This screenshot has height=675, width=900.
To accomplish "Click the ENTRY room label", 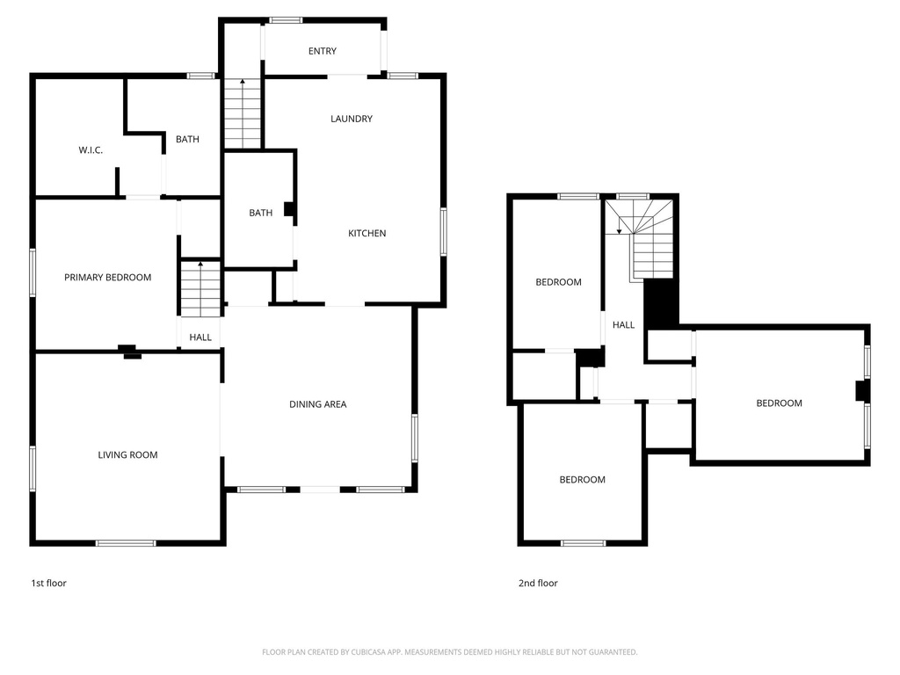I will point(322,51).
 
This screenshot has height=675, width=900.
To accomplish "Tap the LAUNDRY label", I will point(352,119).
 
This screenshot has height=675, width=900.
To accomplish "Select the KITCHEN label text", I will point(367,233).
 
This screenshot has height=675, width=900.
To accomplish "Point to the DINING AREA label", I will point(318,404).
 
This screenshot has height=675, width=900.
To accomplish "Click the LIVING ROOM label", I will point(127,455).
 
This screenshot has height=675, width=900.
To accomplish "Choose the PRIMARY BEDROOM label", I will point(107,278).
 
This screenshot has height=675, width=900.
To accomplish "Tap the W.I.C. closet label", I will point(91,150).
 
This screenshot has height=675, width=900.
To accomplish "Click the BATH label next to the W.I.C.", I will point(187,139).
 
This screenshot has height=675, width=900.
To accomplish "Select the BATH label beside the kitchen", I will point(260,213).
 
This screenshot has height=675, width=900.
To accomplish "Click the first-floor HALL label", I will point(200,337).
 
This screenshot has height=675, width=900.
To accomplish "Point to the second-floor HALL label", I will point(623,325).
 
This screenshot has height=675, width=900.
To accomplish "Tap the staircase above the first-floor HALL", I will point(201,289).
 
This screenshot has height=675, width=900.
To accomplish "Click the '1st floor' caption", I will point(48,583).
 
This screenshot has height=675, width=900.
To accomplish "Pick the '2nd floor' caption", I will point(538,583).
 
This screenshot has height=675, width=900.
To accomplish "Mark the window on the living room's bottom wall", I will point(126,543).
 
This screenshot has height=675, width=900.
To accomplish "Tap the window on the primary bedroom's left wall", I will point(33,272).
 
